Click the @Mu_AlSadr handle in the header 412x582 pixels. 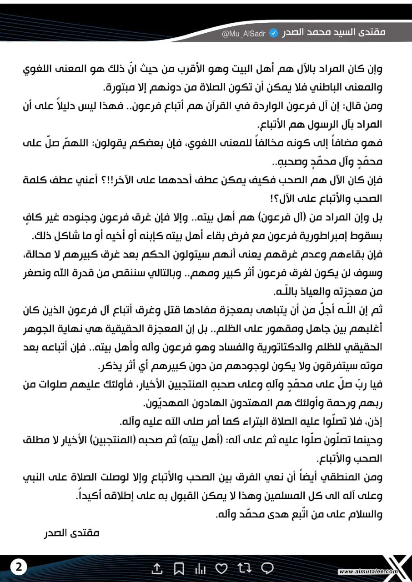pyautogui.click(x=243, y=34)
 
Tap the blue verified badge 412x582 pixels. pyautogui.click(x=274, y=33)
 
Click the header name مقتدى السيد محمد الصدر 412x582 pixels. pyautogui.click(x=333, y=33)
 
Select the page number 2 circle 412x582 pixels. pyautogui.click(x=19, y=567)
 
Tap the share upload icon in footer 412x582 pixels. pyautogui.click(x=156, y=568)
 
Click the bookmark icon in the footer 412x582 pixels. pyautogui.click(x=179, y=568)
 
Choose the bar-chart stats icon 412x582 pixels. pyautogui.click(x=200, y=568)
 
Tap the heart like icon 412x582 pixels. pyautogui.click(x=221, y=568)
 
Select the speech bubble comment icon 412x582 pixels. pyautogui.click(x=267, y=568)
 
